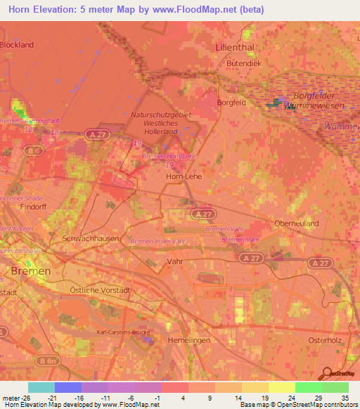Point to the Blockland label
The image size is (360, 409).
(x=16, y=45)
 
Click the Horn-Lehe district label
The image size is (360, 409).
(x=183, y=177)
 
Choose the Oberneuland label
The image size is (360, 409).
(x=296, y=223)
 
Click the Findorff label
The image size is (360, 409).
(x=14, y=209)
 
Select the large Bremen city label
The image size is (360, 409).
(x=30, y=271)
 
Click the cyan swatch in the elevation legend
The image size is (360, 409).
(x=41, y=387)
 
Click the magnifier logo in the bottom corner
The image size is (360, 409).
(x=325, y=373)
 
